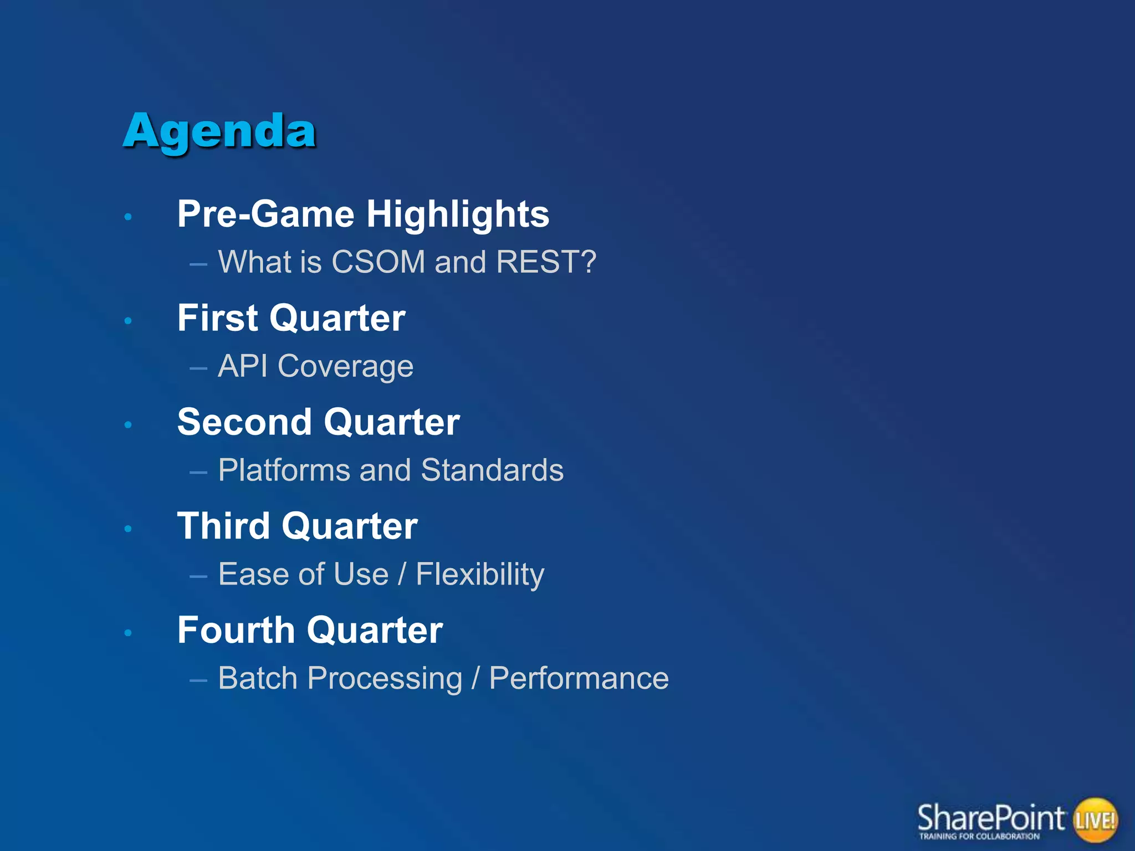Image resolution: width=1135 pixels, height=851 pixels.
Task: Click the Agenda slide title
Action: pyautogui.click(x=219, y=132)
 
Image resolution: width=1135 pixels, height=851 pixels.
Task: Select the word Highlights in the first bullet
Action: pyautogui.click(x=457, y=214)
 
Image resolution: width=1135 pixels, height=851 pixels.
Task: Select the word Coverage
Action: pyautogui.click(x=345, y=367)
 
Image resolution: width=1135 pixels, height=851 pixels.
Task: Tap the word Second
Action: pyautogui.click(x=244, y=422)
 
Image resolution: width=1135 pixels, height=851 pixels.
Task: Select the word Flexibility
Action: pyautogui.click(x=480, y=575)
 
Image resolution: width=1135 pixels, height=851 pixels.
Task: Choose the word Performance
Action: pyautogui.click(x=579, y=678)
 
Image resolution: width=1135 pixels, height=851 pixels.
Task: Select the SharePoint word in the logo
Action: pyautogui.click(x=990, y=818)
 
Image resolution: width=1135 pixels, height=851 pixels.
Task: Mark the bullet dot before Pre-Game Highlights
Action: pyautogui.click(x=128, y=217)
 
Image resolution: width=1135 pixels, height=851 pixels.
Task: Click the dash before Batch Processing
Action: pyautogui.click(x=198, y=679)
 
